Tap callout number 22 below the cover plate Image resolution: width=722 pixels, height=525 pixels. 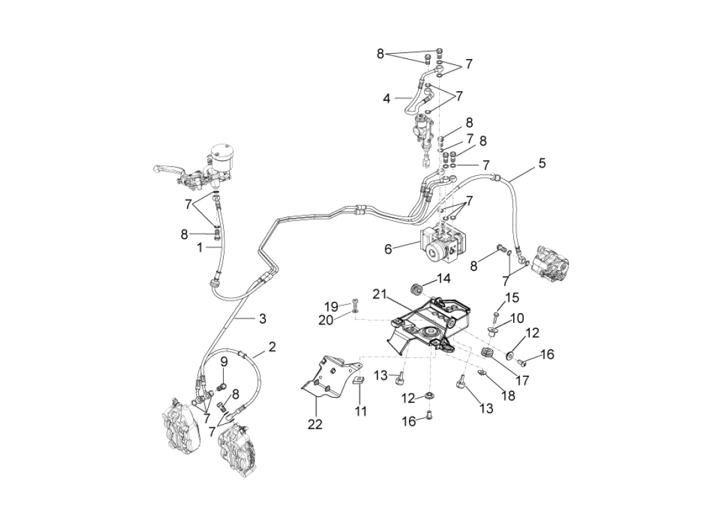click(x=316, y=425)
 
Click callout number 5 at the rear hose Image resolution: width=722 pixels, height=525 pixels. click(x=541, y=163)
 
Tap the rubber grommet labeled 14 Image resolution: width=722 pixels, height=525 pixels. click(x=415, y=289)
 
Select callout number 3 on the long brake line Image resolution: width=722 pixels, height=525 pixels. click(x=262, y=319)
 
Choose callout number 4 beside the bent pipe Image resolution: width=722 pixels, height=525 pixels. click(x=387, y=99)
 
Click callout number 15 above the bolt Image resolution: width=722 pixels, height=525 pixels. click(x=511, y=297)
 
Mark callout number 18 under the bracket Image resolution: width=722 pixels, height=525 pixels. click(x=507, y=395)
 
